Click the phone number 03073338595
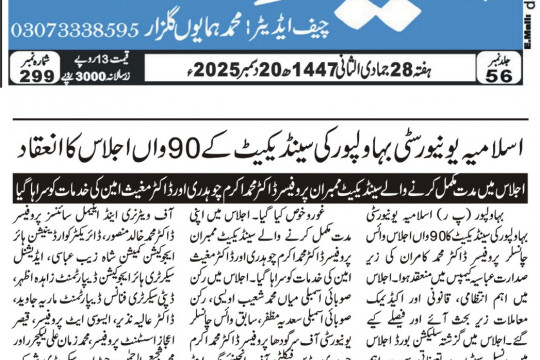tap(75, 30)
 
